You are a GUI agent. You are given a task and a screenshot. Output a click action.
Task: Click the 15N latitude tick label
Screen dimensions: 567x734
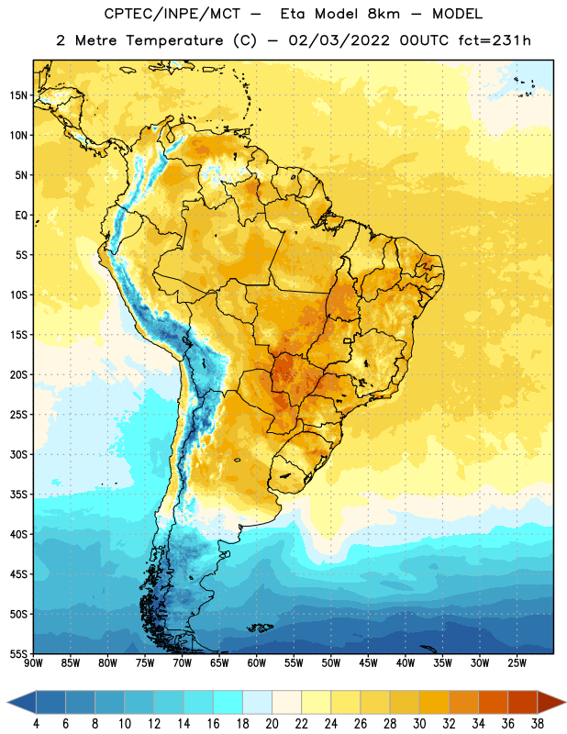[18, 95]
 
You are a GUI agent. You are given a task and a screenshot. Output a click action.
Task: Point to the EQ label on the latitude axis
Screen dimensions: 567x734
[21, 216]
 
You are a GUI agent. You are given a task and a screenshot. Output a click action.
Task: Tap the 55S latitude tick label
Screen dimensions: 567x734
[18, 653]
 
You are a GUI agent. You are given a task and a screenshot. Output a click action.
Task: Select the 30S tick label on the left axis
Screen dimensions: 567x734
[18, 454]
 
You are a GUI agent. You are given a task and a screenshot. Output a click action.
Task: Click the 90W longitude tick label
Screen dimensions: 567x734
[33, 663]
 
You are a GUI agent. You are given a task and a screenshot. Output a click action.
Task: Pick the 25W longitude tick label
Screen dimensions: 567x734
[517, 663]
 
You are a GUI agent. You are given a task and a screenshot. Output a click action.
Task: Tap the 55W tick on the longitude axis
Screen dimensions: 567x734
[294, 663]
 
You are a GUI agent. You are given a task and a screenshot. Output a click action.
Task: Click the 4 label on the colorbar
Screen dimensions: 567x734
[36, 724]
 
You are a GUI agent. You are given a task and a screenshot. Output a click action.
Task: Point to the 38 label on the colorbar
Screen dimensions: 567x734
[538, 724]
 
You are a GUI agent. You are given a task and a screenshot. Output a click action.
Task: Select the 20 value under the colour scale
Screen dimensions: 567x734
[272, 724]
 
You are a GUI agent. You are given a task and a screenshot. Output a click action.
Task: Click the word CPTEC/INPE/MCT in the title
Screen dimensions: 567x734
[172, 14]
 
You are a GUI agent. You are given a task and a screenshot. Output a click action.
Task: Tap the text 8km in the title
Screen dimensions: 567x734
[384, 14]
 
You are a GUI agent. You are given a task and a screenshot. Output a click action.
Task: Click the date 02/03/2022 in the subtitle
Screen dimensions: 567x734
[339, 40]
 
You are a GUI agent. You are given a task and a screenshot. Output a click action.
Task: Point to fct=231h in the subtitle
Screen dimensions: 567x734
[495, 40]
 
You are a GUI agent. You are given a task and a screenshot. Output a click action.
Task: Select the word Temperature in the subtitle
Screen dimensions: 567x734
[174, 40]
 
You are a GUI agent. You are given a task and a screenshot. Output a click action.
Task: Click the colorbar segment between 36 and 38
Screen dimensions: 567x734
[523, 703]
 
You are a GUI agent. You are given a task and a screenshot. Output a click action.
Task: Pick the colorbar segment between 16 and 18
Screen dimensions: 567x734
[228, 703]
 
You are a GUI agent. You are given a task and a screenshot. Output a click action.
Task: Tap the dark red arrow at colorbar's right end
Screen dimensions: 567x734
[551, 703]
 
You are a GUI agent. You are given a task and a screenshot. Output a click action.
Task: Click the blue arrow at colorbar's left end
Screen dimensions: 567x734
[22, 703]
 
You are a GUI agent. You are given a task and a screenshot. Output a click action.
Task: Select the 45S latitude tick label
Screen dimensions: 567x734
[18, 574]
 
